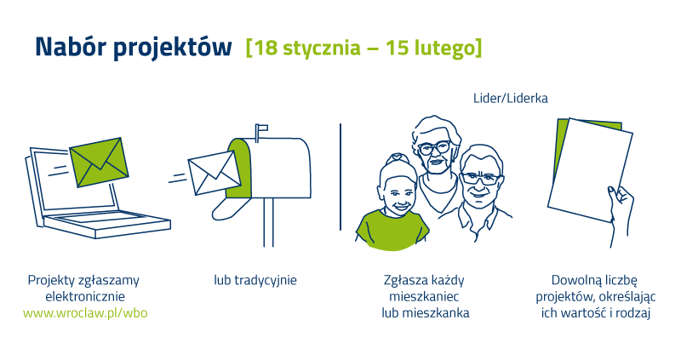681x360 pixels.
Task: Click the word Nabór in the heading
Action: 70,47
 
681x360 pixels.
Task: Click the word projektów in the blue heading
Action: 173,49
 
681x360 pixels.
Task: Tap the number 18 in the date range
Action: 265,48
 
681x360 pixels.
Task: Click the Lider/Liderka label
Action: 510,98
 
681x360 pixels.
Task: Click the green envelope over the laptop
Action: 99,162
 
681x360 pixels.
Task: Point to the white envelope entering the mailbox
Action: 215,173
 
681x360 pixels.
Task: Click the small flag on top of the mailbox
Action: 261,129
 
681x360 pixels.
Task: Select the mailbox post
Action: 268,222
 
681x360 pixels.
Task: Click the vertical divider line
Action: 340,177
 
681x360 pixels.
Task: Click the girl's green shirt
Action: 392,230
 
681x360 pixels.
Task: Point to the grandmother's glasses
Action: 434,148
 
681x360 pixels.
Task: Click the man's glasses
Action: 480,179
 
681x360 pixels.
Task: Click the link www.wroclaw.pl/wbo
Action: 85,312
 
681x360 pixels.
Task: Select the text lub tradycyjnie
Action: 255,280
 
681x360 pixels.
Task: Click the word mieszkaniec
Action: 424,297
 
